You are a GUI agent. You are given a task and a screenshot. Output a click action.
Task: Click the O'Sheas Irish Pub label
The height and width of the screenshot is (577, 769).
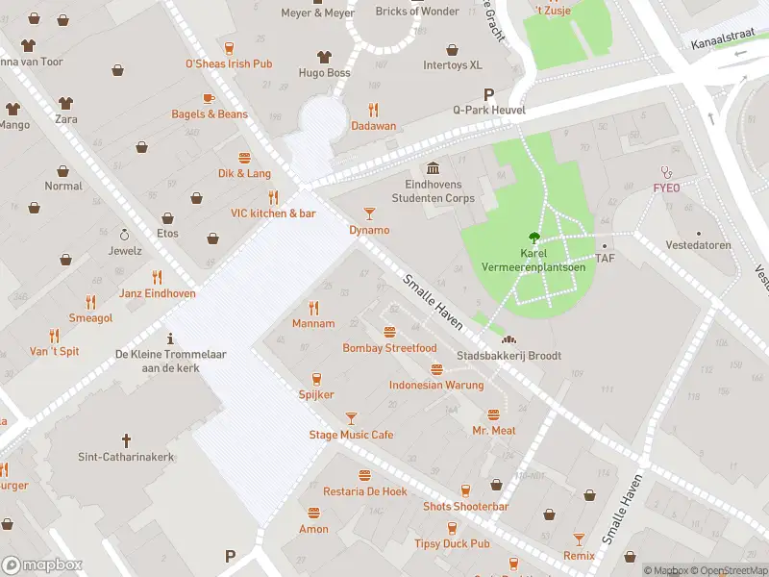coord(229,63)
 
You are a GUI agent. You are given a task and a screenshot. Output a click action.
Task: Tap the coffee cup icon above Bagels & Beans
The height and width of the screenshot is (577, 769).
coord(209,98)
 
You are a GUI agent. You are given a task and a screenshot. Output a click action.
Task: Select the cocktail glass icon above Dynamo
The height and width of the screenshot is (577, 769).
coord(369,213)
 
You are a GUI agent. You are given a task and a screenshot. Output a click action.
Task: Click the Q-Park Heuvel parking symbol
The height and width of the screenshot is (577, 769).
coord(489,94)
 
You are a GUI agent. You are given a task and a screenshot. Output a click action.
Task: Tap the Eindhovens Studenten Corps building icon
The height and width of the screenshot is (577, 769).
coord(433,168)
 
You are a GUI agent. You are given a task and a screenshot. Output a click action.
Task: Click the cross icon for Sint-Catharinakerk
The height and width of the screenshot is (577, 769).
coord(125,440)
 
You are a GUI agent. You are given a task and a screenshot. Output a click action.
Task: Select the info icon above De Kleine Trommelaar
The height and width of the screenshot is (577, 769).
coord(170,339)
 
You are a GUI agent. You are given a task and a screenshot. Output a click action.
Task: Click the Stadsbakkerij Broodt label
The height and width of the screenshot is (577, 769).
coord(509,356)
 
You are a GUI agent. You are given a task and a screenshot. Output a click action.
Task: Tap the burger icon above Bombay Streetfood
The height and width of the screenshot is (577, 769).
coord(389,332)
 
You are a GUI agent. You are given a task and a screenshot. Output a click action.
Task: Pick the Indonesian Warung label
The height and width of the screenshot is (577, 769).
coord(435,386)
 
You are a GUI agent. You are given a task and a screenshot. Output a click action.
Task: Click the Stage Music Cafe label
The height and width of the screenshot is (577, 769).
coord(351,435)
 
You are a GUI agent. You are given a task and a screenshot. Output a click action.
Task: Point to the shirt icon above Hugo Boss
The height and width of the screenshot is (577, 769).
coord(324,57)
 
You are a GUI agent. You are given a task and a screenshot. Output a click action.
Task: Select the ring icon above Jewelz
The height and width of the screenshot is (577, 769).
coord(124,234)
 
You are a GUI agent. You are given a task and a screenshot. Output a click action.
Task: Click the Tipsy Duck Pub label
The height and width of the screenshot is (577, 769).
coord(453,543)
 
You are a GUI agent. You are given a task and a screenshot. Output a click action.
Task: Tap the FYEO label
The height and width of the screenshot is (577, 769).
coord(666,188)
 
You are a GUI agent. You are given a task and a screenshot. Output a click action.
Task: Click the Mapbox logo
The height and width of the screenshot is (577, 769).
coord(42,565)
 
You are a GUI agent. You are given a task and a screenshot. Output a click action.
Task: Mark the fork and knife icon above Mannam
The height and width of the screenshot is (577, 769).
coord(313,308)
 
